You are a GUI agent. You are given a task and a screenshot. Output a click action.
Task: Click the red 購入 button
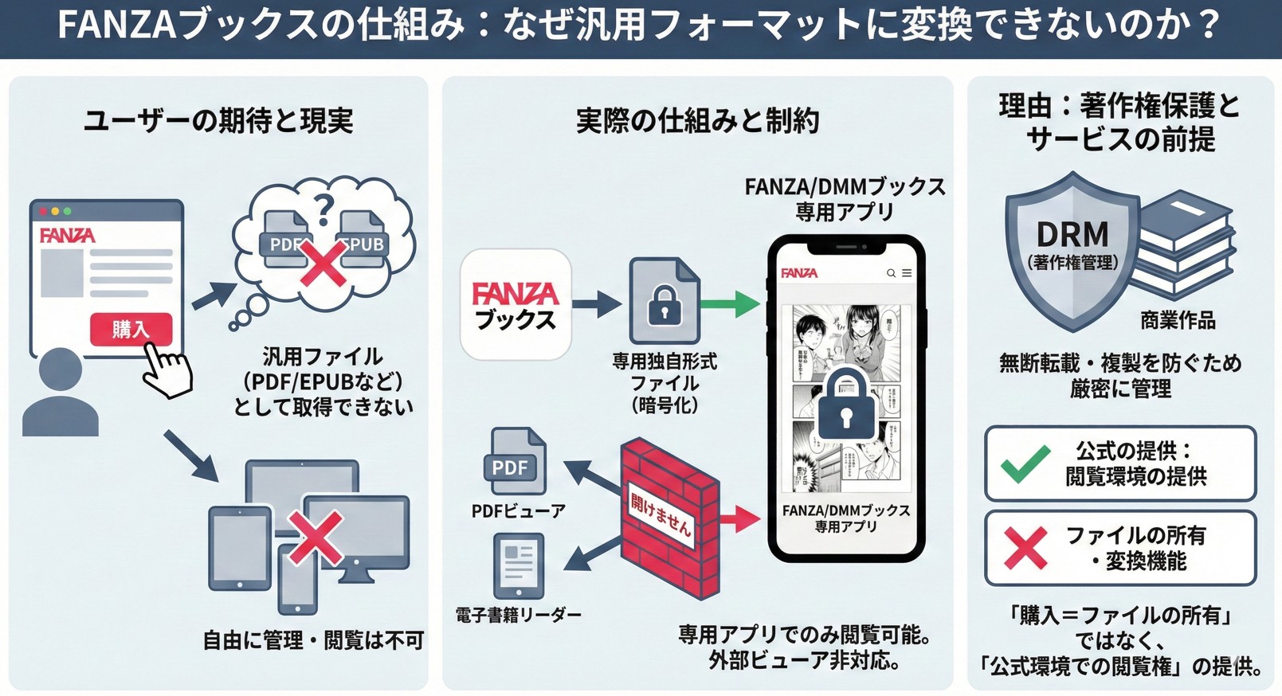click(131, 329)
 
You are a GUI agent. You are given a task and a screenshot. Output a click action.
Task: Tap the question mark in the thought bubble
click(323, 209)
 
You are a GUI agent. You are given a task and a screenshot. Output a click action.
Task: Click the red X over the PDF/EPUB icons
click(323, 264)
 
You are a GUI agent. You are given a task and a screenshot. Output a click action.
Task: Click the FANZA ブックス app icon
click(516, 304)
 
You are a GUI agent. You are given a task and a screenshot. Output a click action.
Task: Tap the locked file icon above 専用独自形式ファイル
click(665, 301)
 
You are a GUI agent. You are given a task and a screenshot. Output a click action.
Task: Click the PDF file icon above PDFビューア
click(514, 462)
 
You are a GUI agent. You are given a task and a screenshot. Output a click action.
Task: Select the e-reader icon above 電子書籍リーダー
click(518, 565)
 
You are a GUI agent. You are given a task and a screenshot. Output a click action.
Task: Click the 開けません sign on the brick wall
click(661, 514)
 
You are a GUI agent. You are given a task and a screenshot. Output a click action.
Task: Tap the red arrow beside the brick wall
click(740, 519)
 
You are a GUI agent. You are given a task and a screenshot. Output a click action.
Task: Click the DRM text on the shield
click(1072, 234)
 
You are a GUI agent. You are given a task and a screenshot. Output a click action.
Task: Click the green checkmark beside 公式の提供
click(1025, 463)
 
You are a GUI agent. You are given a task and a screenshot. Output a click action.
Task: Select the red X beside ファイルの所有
click(1025, 548)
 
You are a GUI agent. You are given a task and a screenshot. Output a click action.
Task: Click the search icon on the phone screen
click(891, 273)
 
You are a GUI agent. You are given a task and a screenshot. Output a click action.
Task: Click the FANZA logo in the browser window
click(67, 236)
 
